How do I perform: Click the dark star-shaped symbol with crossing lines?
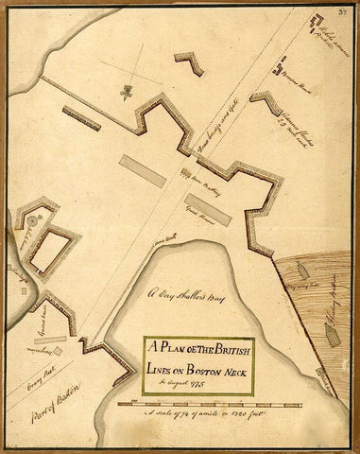click(126, 91)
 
